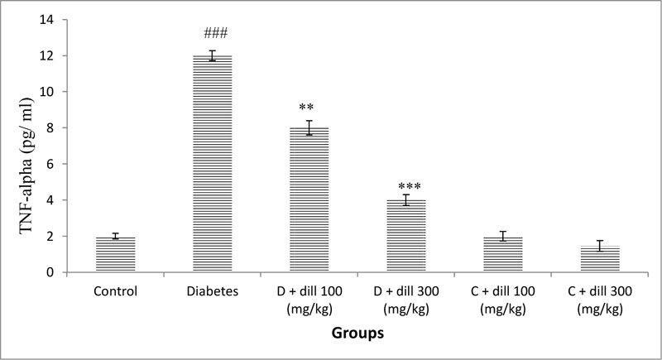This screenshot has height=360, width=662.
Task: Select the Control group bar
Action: tap(116, 254)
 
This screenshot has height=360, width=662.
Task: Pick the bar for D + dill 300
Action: tap(406, 236)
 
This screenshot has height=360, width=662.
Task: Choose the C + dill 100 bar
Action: tap(503, 254)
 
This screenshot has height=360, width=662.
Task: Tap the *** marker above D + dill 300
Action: tap(406, 186)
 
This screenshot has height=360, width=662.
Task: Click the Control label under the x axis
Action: tap(116, 290)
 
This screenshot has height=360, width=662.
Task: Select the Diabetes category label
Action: tap(213, 290)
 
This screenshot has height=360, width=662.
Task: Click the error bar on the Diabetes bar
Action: tap(213, 55)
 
